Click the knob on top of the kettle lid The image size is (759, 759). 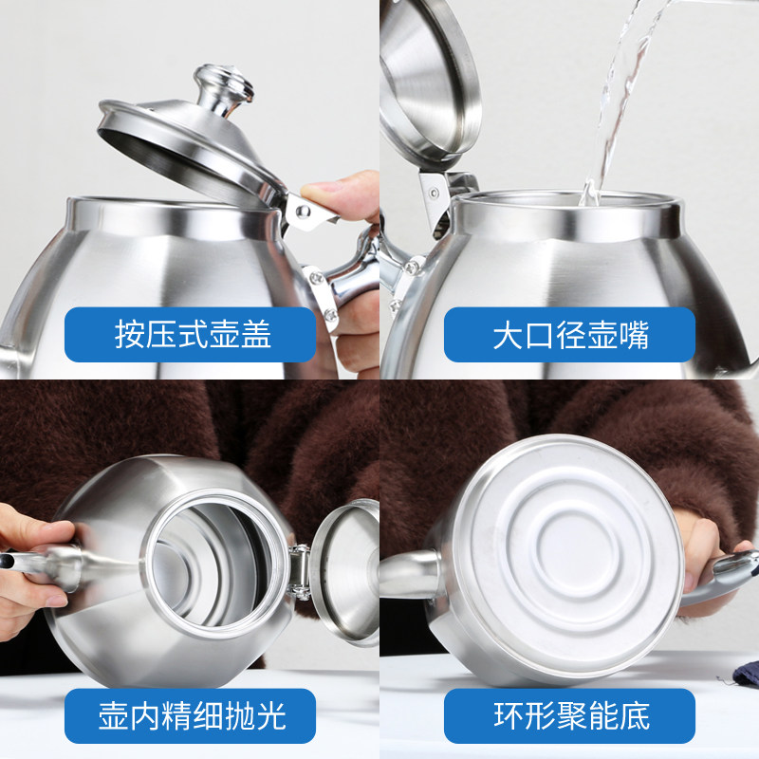(224, 89)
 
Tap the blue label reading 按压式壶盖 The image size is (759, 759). (190, 335)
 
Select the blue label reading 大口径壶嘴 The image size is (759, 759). (569, 335)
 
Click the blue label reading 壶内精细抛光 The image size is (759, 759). (190, 716)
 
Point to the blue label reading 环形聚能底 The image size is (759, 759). (569, 716)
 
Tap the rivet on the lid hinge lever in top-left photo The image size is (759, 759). (303, 211)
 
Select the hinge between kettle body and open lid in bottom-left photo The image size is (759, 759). (300, 572)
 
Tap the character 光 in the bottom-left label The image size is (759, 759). (269, 716)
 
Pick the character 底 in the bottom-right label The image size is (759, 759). (633, 716)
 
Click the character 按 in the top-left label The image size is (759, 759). (129, 335)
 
